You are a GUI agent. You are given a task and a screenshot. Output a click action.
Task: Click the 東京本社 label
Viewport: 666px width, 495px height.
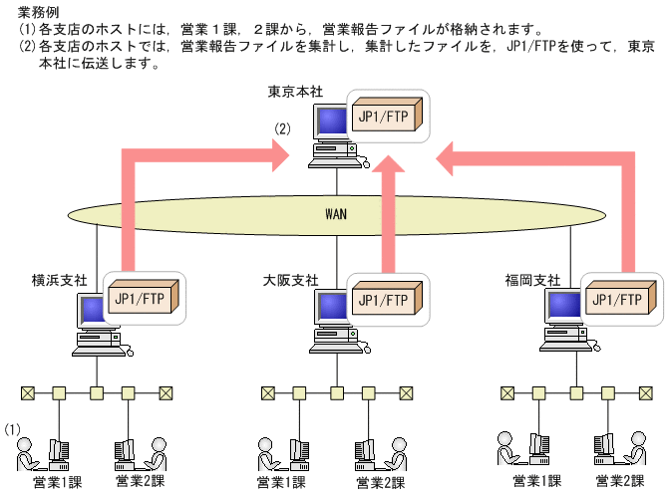point(293,92)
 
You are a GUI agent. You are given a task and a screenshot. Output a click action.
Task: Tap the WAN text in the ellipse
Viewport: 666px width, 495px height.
point(336,213)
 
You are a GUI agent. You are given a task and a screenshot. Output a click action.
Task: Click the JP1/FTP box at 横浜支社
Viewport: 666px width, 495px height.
point(143,297)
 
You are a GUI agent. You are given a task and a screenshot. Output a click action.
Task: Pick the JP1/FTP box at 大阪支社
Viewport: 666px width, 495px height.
point(383,298)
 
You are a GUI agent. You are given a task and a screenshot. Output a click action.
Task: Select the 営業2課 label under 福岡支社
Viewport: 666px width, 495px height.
point(619,481)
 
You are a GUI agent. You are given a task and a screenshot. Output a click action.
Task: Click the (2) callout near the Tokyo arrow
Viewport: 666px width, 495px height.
point(282,128)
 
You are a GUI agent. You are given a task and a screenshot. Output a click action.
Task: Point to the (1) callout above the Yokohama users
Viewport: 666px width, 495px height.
point(13,429)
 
